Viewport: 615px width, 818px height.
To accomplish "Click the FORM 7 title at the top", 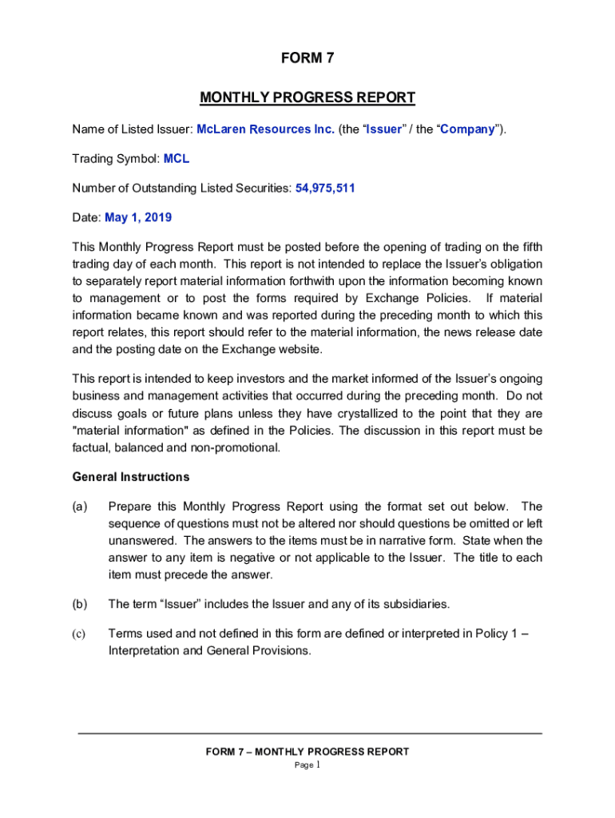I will (307, 58).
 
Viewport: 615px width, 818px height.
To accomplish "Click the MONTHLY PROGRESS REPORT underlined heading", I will (307, 98).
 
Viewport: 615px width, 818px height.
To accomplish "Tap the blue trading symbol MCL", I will (177, 159).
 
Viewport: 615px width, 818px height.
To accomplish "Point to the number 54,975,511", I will (325, 189).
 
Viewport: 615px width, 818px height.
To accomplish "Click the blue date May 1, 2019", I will (138, 217).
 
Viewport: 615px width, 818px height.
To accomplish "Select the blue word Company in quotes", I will (467, 129).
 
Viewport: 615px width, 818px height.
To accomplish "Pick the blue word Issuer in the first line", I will (383, 129).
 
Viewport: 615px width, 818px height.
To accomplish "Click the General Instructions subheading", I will (131, 477).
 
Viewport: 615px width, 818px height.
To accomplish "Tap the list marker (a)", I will (80, 506).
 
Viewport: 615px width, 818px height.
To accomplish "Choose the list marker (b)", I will (80, 603).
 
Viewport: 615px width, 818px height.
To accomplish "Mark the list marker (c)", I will (80, 633).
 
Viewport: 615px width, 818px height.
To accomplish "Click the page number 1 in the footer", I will (318, 764).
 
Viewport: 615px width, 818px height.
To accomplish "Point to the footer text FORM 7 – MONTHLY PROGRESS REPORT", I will (307, 752).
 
